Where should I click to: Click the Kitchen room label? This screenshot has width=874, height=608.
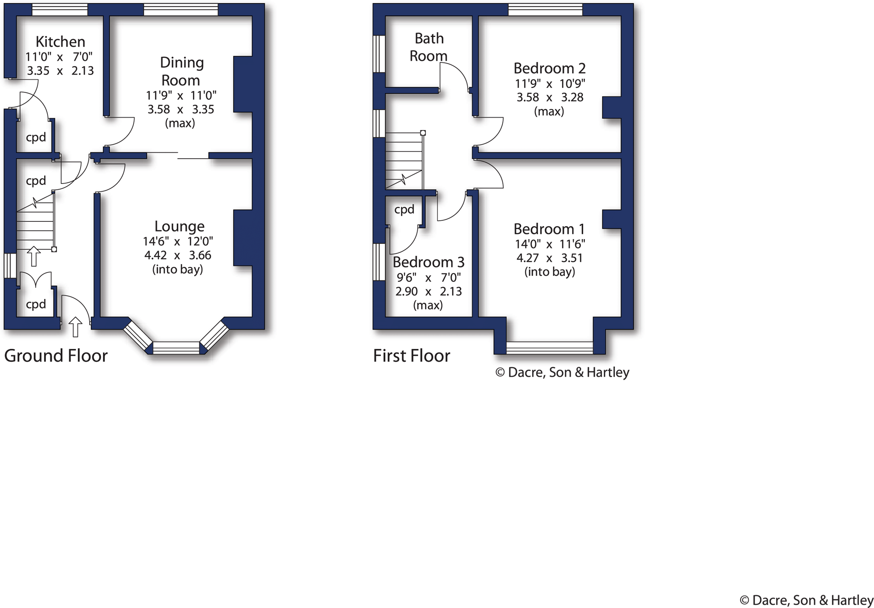[60, 42]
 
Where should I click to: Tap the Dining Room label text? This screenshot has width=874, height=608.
[181, 71]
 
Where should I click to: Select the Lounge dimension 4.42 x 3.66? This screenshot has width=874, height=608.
[178, 255]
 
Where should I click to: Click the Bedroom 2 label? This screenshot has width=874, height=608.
[549, 68]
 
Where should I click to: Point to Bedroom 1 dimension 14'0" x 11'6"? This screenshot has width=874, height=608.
[550, 244]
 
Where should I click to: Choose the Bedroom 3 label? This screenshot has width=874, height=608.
[428, 262]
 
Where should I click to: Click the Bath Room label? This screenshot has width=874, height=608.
[428, 47]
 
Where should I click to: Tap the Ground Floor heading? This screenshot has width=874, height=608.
[56, 356]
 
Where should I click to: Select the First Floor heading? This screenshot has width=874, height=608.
[411, 356]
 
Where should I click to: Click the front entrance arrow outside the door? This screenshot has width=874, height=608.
[75, 327]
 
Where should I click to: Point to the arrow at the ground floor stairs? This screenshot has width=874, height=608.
[34, 256]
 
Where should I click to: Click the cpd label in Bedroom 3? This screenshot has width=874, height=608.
[404, 209]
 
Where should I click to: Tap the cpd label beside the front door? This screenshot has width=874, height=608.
[36, 304]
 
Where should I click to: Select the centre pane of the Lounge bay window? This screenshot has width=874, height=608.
[176, 348]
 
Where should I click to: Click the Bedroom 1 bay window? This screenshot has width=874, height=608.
[549, 348]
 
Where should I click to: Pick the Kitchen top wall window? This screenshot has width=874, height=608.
[60, 9]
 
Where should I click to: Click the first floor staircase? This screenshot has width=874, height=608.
[404, 161]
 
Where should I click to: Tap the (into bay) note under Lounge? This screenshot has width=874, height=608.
[178, 269]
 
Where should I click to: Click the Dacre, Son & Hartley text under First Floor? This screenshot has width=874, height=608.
[562, 372]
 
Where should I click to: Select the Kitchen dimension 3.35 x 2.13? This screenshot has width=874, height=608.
[60, 71]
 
